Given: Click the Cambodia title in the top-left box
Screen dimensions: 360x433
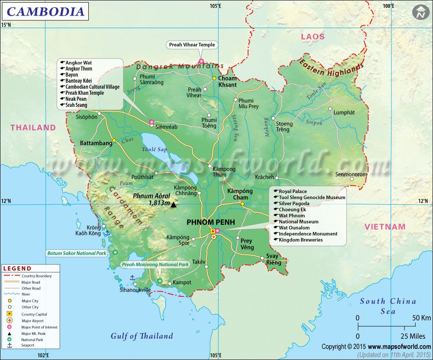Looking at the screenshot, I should pyautogui.click(x=45, y=11).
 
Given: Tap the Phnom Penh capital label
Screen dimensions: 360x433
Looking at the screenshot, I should pyautogui.click(x=211, y=222).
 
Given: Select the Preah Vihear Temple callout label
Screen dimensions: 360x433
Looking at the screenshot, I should pyautogui.click(x=191, y=45).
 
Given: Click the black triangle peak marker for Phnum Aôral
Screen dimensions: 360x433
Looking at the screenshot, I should pyautogui.click(x=174, y=205).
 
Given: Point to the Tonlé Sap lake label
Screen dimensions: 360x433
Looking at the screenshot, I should pyautogui.click(x=155, y=149).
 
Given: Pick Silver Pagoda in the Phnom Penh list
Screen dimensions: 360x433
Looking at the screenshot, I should pyautogui.click(x=294, y=203).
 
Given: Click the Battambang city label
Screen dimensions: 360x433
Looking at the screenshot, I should pyautogui.click(x=96, y=143).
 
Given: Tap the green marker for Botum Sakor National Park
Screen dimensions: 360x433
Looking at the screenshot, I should pyautogui.click(x=116, y=252).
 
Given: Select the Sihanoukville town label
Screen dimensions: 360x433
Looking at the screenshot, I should pyautogui.click(x=135, y=290).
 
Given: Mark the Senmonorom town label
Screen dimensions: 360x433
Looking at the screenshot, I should pyautogui.click(x=351, y=174).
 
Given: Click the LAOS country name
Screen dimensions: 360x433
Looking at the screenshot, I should pyautogui.click(x=313, y=37).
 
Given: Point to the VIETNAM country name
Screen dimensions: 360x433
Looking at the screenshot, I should pyautogui.click(x=385, y=227).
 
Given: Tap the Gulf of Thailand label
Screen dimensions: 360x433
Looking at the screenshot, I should pyautogui.click(x=142, y=336).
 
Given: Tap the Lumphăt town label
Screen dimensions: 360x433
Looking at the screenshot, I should pyautogui.click(x=344, y=112).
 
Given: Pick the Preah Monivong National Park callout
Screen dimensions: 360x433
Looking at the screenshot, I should pyautogui.click(x=155, y=264).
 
